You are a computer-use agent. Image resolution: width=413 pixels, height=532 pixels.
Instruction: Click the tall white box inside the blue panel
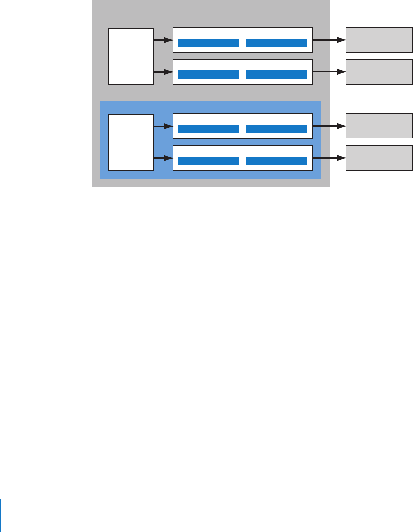point(131,142)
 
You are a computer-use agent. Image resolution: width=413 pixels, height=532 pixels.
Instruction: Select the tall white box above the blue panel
point(131,56)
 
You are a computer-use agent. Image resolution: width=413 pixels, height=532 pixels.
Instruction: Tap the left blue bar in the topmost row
point(208,43)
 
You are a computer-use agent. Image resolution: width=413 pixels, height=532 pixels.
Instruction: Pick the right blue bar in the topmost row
point(276,43)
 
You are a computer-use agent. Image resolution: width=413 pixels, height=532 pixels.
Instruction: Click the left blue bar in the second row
point(208,75)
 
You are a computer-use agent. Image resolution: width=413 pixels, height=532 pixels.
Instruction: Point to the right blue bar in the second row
point(276,75)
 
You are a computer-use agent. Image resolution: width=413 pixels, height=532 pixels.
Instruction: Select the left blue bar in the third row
point(208,129)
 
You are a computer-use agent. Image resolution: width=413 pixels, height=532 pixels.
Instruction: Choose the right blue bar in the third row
point(276,129)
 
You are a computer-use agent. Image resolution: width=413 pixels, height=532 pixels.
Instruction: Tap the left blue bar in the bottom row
point(208,161)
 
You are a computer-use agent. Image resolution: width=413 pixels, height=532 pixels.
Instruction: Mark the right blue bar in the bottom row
point(276,161)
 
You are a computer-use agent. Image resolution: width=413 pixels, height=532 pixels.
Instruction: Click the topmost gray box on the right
point(379,40)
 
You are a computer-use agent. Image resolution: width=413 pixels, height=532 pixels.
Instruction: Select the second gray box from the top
point(379,72)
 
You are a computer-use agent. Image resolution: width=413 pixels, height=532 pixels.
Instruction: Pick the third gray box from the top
point(379,126)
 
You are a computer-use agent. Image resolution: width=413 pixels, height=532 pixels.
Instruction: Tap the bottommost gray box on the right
point(379,158)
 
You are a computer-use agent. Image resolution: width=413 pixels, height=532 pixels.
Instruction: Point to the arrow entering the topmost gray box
point(329,40)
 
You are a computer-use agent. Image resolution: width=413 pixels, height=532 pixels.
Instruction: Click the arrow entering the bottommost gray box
point(329,158)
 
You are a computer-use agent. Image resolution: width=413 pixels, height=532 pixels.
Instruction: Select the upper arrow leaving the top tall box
point(163,40)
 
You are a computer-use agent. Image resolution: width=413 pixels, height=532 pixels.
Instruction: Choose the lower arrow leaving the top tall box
point(163,72)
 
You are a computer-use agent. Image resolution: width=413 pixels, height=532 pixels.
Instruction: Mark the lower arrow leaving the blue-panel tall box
point(163,158)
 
